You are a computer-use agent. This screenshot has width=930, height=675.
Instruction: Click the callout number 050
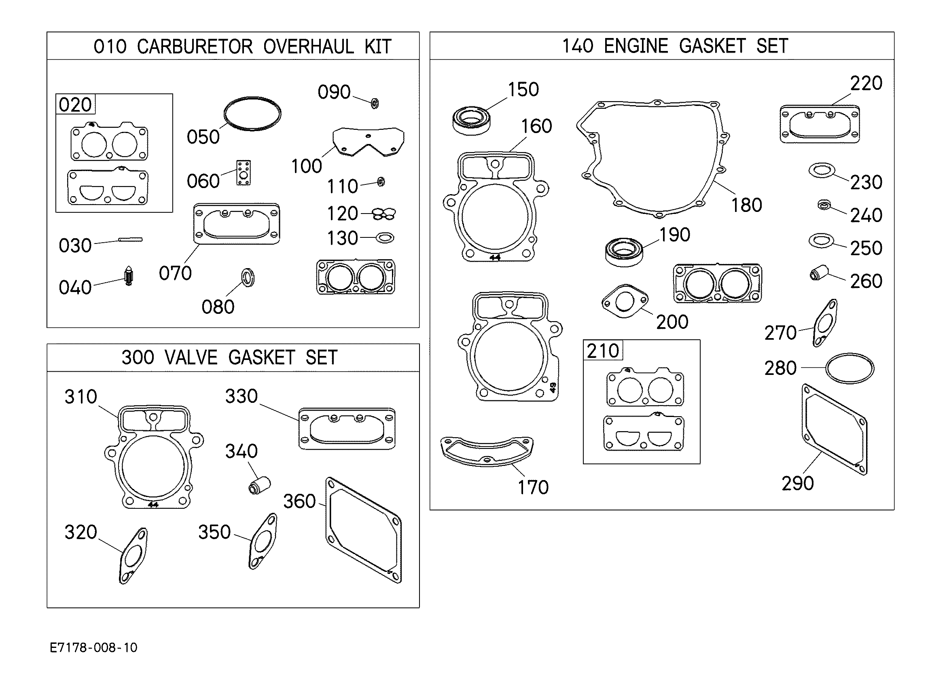click(x=203, y=137)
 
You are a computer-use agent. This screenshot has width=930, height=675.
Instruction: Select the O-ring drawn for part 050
click(x=252, y=98)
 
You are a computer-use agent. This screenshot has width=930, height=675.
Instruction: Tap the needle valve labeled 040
click(x=129, y=276)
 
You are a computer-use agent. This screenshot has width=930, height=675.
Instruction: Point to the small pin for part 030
click(x=130, y=239)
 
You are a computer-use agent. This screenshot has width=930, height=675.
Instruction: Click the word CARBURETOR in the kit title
click(x=195, y=47)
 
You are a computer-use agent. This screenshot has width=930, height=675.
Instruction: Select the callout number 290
click(x=798, y=483)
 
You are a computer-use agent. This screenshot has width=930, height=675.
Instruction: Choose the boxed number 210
click(x=602, y=351)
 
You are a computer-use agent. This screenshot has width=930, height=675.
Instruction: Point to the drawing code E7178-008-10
click(x=93, y=647)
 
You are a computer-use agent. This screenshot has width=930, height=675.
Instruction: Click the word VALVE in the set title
click(x=191, y=358)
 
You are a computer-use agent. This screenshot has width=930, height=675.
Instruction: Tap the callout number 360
click(x=299, y=501)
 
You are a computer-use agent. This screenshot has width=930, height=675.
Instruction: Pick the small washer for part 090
click(x=374, y=103)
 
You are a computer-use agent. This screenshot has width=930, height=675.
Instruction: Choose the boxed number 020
click(x=75, y=105)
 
